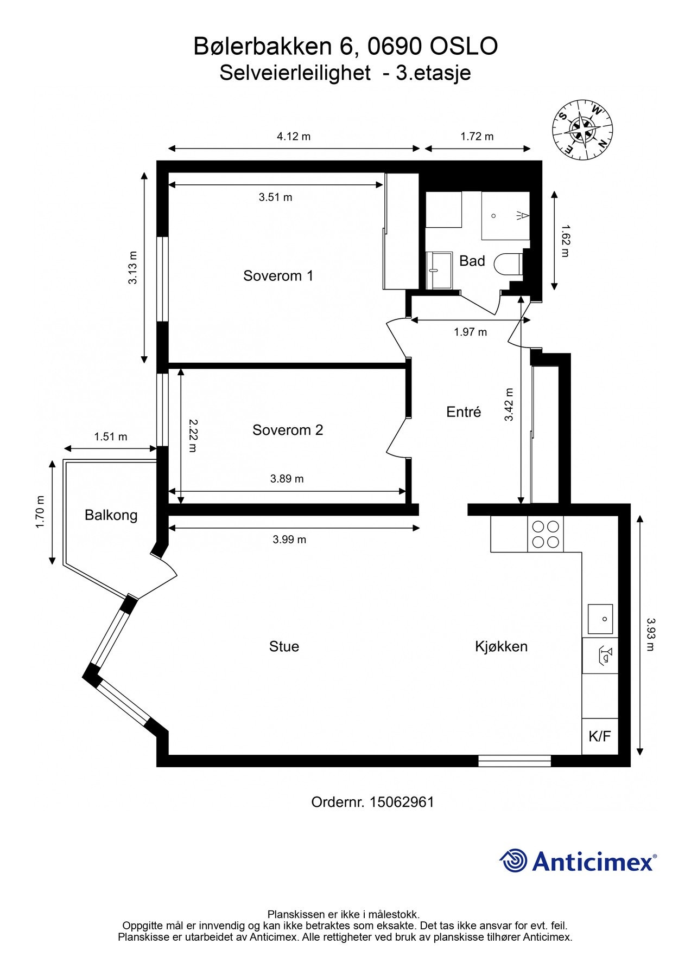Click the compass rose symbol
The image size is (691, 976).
(x=583, y=130)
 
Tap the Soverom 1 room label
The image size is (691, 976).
(x=278, y=276)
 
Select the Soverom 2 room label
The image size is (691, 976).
(x=287, y=430)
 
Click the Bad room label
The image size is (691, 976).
(x=472, y=261)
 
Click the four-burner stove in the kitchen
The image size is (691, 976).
(x=546, y=534)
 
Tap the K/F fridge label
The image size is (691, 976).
(x=599, y=736)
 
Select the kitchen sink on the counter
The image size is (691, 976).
(x=600, y=619)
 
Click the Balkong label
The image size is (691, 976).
(x=111, y=515)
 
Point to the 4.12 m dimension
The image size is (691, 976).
(x=294, y=137)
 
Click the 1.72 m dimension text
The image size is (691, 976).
(x=477, y=137)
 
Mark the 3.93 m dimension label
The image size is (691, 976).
(x=650, y=634)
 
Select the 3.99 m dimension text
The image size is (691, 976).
(x=289, y=540)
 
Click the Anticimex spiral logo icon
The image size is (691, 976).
(x=513, y=861)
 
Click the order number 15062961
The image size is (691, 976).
(x=402, y=802)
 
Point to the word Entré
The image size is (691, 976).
(x=464, y=412)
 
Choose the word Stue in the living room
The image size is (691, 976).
(x=284, y=646)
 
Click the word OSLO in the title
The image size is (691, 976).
(x=464, y=47)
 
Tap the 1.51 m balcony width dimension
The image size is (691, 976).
(x=110, y=436)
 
